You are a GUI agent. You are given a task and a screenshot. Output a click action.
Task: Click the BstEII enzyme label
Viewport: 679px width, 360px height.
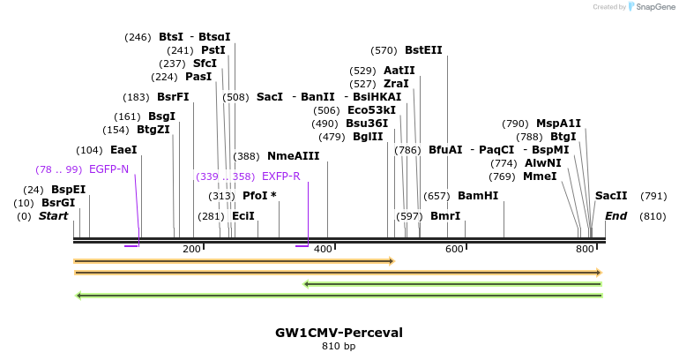[423, 50]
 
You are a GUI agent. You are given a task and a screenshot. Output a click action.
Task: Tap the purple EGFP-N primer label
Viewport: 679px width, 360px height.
[108, 169]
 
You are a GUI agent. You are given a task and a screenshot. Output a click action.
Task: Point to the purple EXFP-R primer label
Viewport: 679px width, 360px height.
[281, 176]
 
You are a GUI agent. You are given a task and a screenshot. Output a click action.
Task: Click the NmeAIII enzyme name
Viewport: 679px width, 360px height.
[293, 156]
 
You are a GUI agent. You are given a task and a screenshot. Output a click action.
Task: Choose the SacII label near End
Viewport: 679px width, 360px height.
[611, 196]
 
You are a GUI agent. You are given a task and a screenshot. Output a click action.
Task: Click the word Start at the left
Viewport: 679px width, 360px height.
[53, 216]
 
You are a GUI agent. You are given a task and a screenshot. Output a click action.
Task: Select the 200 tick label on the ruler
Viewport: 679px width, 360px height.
[191, 250]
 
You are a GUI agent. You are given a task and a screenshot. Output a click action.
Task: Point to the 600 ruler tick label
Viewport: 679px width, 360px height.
[454, 250]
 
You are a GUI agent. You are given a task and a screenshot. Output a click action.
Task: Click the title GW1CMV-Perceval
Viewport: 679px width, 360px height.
[339, 333]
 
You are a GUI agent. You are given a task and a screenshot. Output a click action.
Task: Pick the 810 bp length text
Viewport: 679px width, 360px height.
[339, 346]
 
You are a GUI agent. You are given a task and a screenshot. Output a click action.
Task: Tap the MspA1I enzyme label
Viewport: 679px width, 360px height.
[558, 124]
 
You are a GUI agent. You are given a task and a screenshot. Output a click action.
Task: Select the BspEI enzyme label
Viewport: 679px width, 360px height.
[68, 190]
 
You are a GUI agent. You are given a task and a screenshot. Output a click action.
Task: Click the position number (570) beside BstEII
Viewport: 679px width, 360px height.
[384, 50]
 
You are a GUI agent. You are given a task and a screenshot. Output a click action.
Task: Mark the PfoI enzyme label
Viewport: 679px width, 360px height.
[255, 196]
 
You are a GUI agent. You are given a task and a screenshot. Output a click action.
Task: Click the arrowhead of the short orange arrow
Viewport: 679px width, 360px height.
[391, 261]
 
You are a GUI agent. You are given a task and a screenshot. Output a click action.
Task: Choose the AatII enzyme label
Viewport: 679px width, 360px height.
[399, 71]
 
